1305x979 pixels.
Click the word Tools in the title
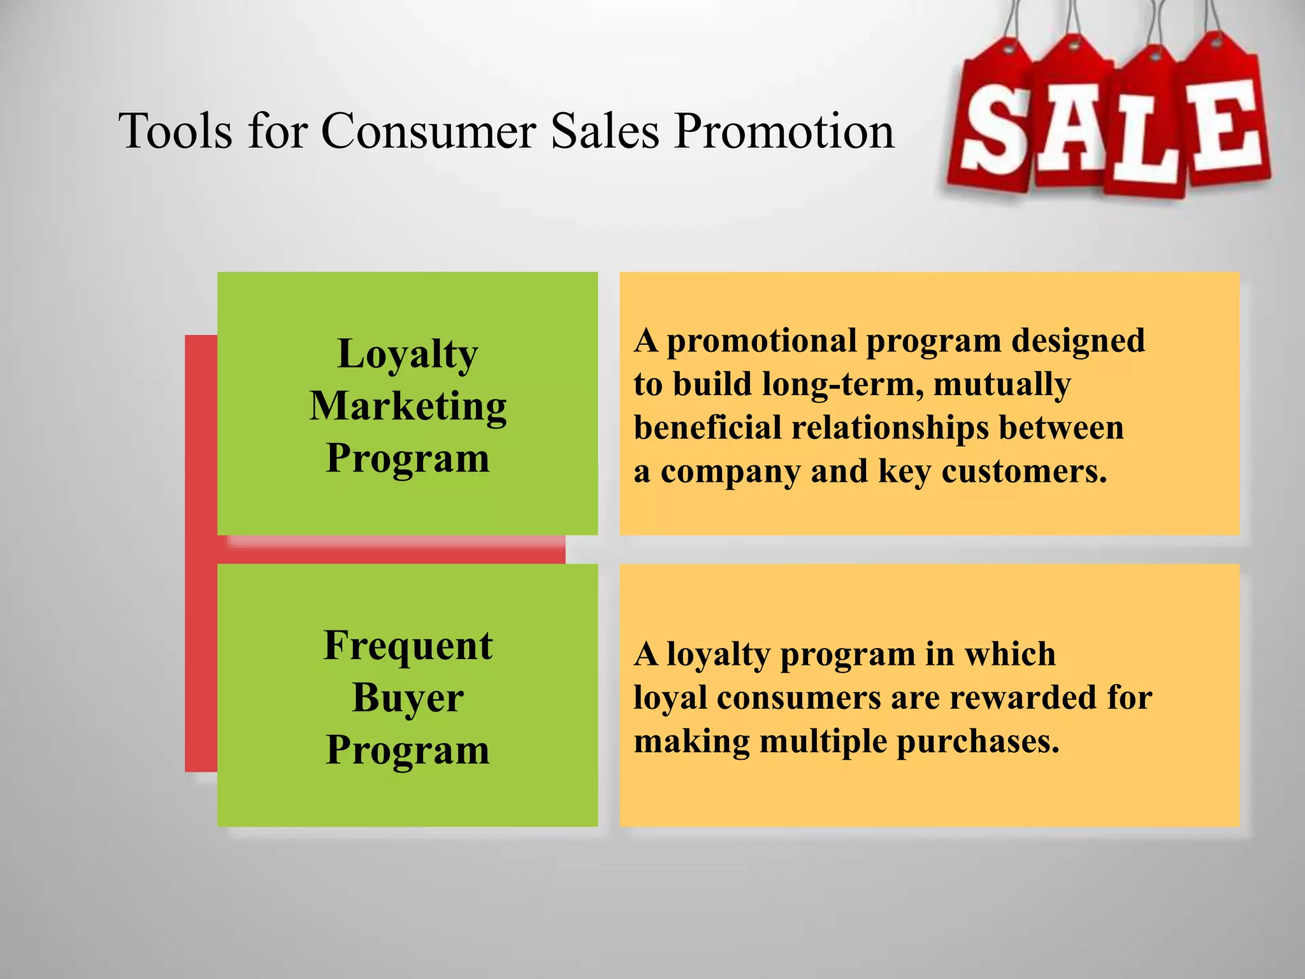point(175,131)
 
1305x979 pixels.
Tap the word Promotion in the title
point(784,131)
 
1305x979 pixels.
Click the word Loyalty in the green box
point(407,354)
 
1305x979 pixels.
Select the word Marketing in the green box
point(408,407)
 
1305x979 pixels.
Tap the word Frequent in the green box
point(408,646)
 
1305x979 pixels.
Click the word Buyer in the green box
point(408,699)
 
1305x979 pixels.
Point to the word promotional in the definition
point(761,342)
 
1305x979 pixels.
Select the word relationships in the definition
point(890,428)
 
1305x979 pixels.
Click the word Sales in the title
point(605,131)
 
